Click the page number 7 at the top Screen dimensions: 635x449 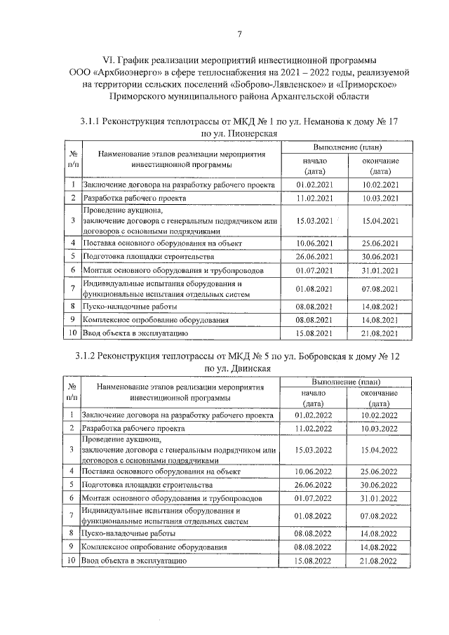click(x=239, y=34)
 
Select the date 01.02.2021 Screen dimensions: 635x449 click(x=314, y=185)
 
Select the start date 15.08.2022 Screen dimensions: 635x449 click(x=314, y=561)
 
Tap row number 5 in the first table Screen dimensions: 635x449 click(x=72, y=257)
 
